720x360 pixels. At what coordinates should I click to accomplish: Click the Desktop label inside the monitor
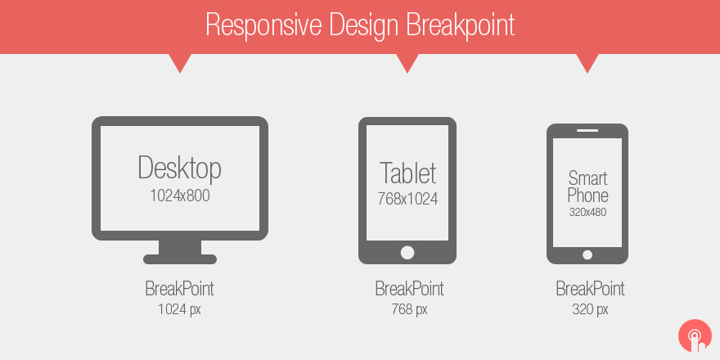click(x=179, y=168)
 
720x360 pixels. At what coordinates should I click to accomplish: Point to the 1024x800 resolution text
click(x=179, y=196)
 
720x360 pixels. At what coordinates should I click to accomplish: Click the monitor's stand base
click(x=180, y=259)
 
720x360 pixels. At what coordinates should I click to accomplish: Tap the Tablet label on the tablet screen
click(x=407, y=173)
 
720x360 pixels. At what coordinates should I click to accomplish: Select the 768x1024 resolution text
click(x=407, y=199)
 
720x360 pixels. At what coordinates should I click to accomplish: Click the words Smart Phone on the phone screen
click(x=587, y=187)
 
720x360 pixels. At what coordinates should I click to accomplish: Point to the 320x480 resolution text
click(x=587, y=212)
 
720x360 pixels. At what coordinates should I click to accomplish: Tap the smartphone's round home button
click(x=587, y=254)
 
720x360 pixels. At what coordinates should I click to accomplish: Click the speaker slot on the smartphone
click(x=587, y=131)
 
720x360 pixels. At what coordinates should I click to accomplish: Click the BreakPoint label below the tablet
click(x=409, y=289)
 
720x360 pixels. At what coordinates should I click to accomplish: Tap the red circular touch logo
click(x=695, y=335)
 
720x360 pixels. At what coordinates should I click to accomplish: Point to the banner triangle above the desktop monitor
click(x=179, y=62)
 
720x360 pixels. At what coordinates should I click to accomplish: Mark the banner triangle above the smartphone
click(x=587, y=62)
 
